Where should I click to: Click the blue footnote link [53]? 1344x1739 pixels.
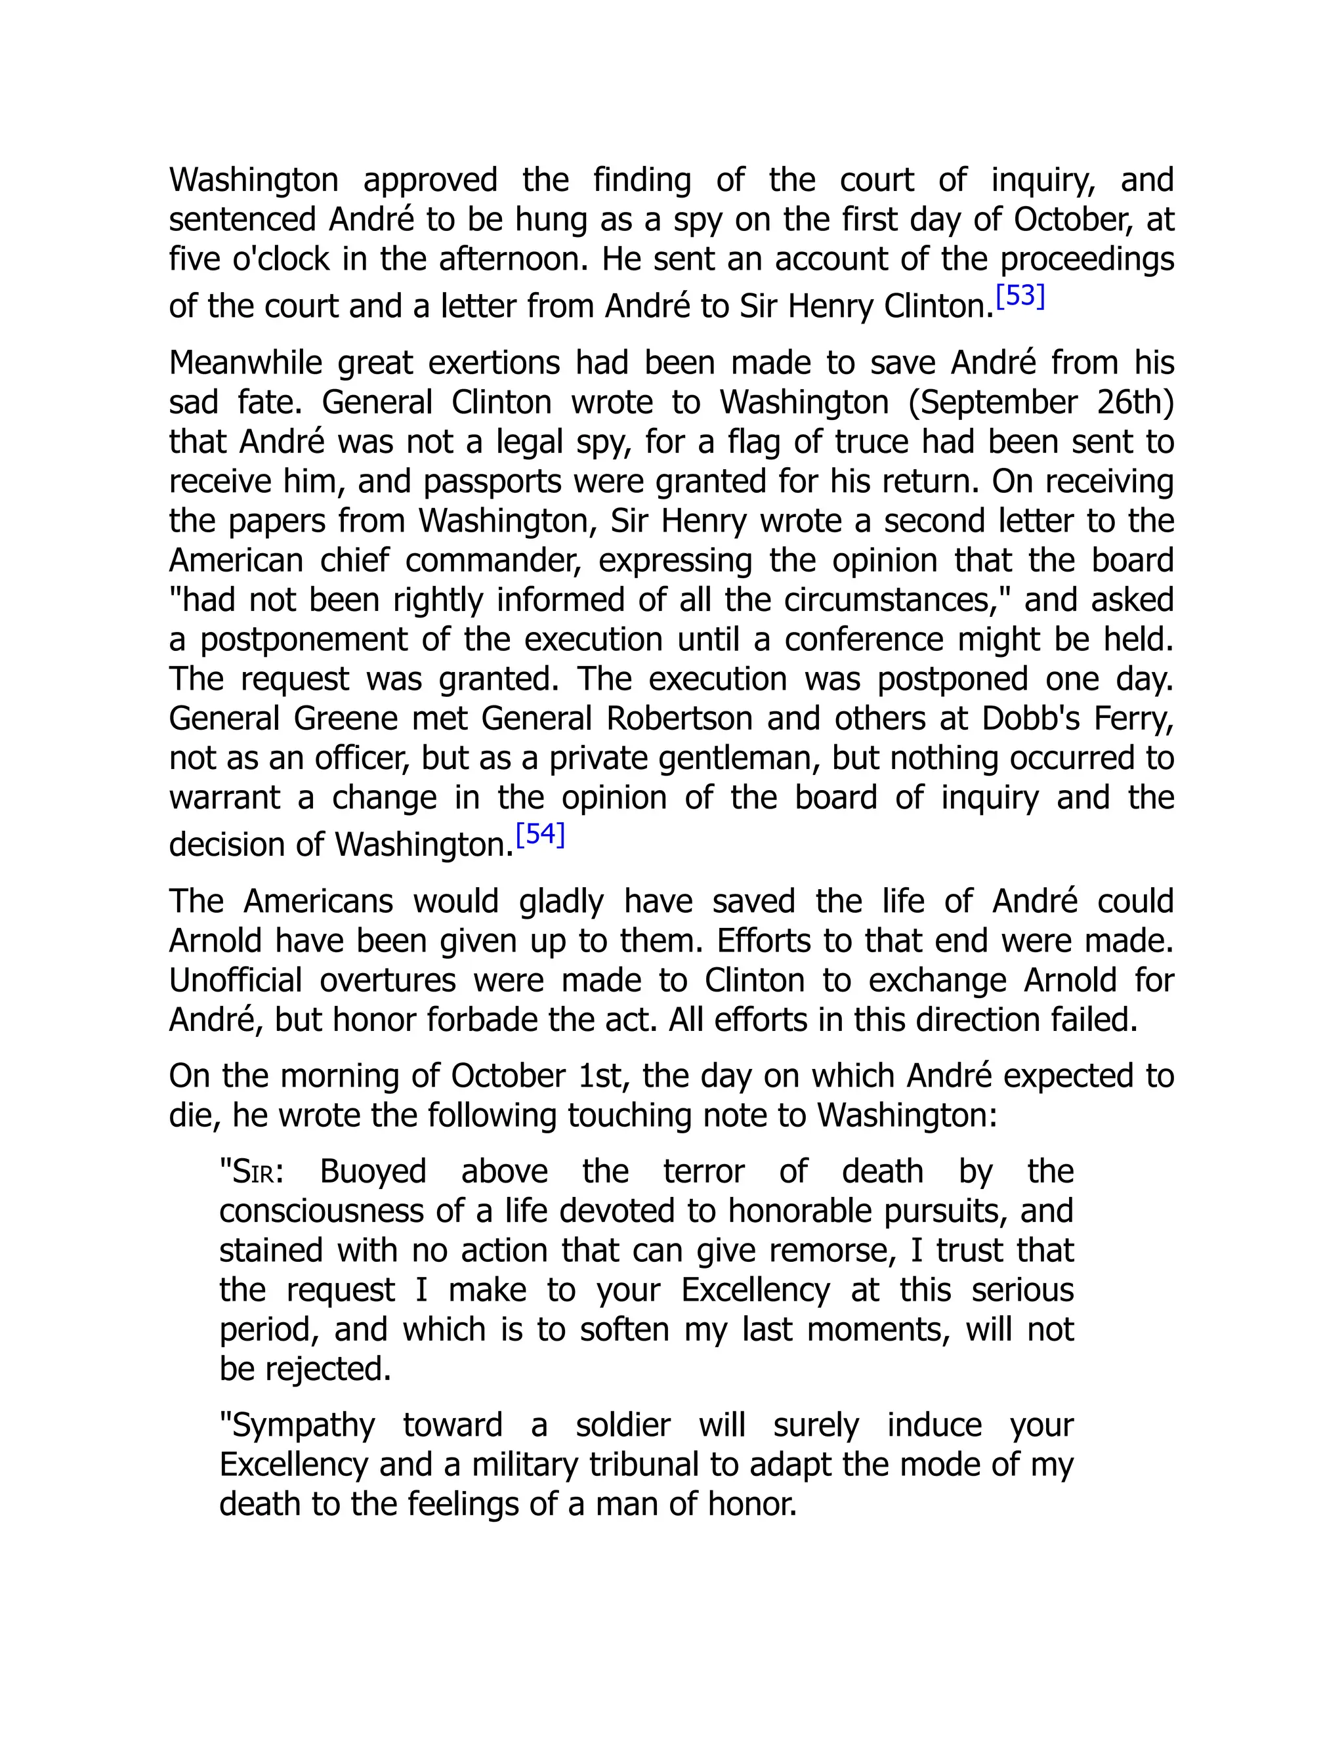coord(1020,296)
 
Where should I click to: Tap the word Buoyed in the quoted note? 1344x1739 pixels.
coord(373,1171)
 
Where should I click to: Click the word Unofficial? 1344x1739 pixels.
coord(236,980)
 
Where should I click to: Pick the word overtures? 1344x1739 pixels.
coord(388,980)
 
